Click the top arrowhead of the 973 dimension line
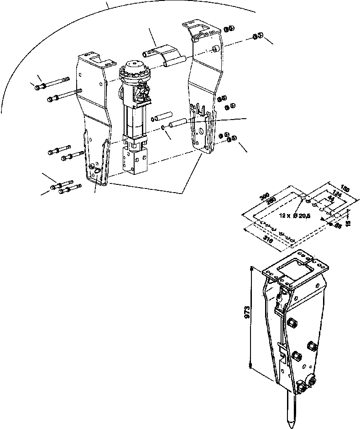pos(251,268)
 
